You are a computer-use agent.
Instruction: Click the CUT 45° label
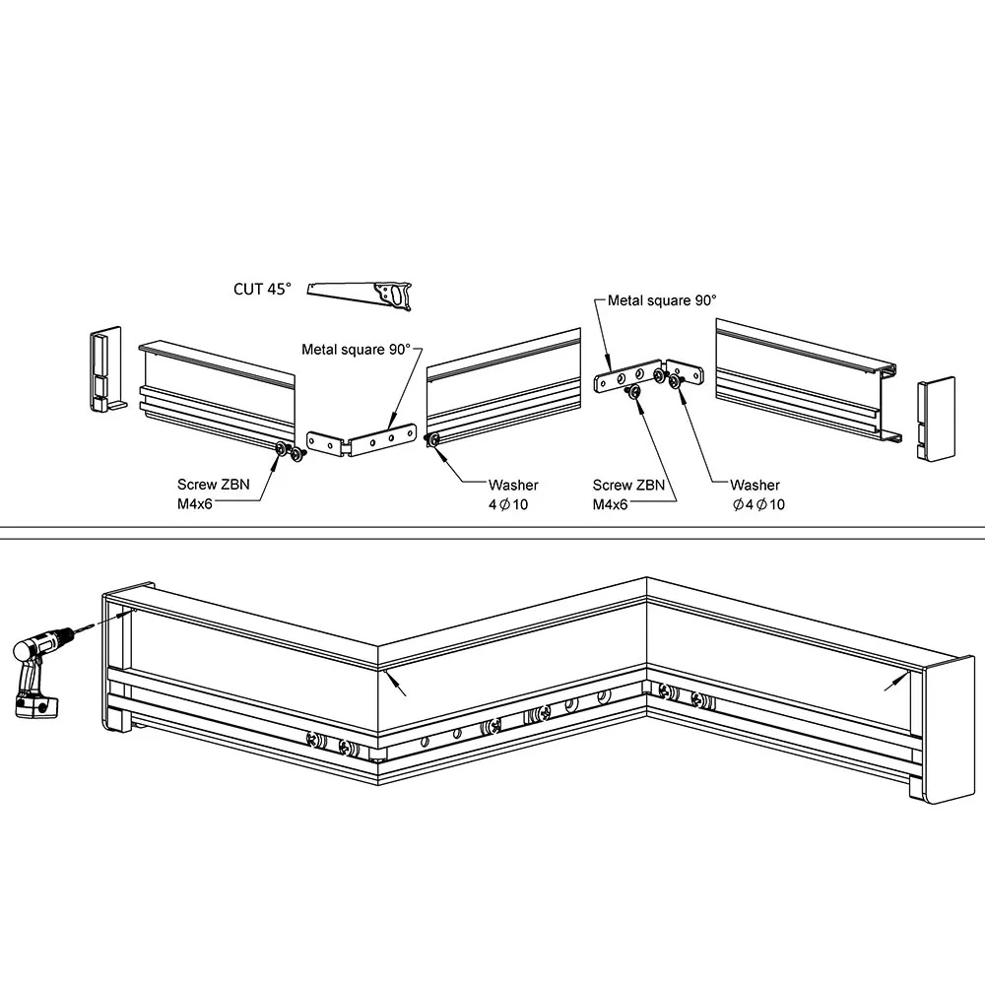(262, 289)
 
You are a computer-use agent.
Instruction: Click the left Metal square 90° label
(356, 349)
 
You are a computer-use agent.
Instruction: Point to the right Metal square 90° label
(662, 300)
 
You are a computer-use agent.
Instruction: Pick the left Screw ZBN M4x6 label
(208, 492)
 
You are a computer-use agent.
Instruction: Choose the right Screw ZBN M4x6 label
(628, 493)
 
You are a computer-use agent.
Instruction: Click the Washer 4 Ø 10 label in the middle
(513, 493)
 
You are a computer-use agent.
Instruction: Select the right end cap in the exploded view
(935, 415)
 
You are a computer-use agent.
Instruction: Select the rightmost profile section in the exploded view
(803, 379)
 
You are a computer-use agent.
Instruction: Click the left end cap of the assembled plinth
(116, 660)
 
